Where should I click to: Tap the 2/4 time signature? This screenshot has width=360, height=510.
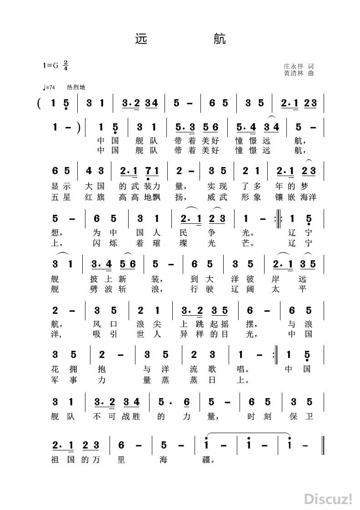[x=66, y=65]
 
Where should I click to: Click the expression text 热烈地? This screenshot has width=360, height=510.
[x=76, y=87]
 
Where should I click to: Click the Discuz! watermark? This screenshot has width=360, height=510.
[x=328, y=499]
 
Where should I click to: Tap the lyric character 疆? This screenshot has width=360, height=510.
[x=209, y=460]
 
